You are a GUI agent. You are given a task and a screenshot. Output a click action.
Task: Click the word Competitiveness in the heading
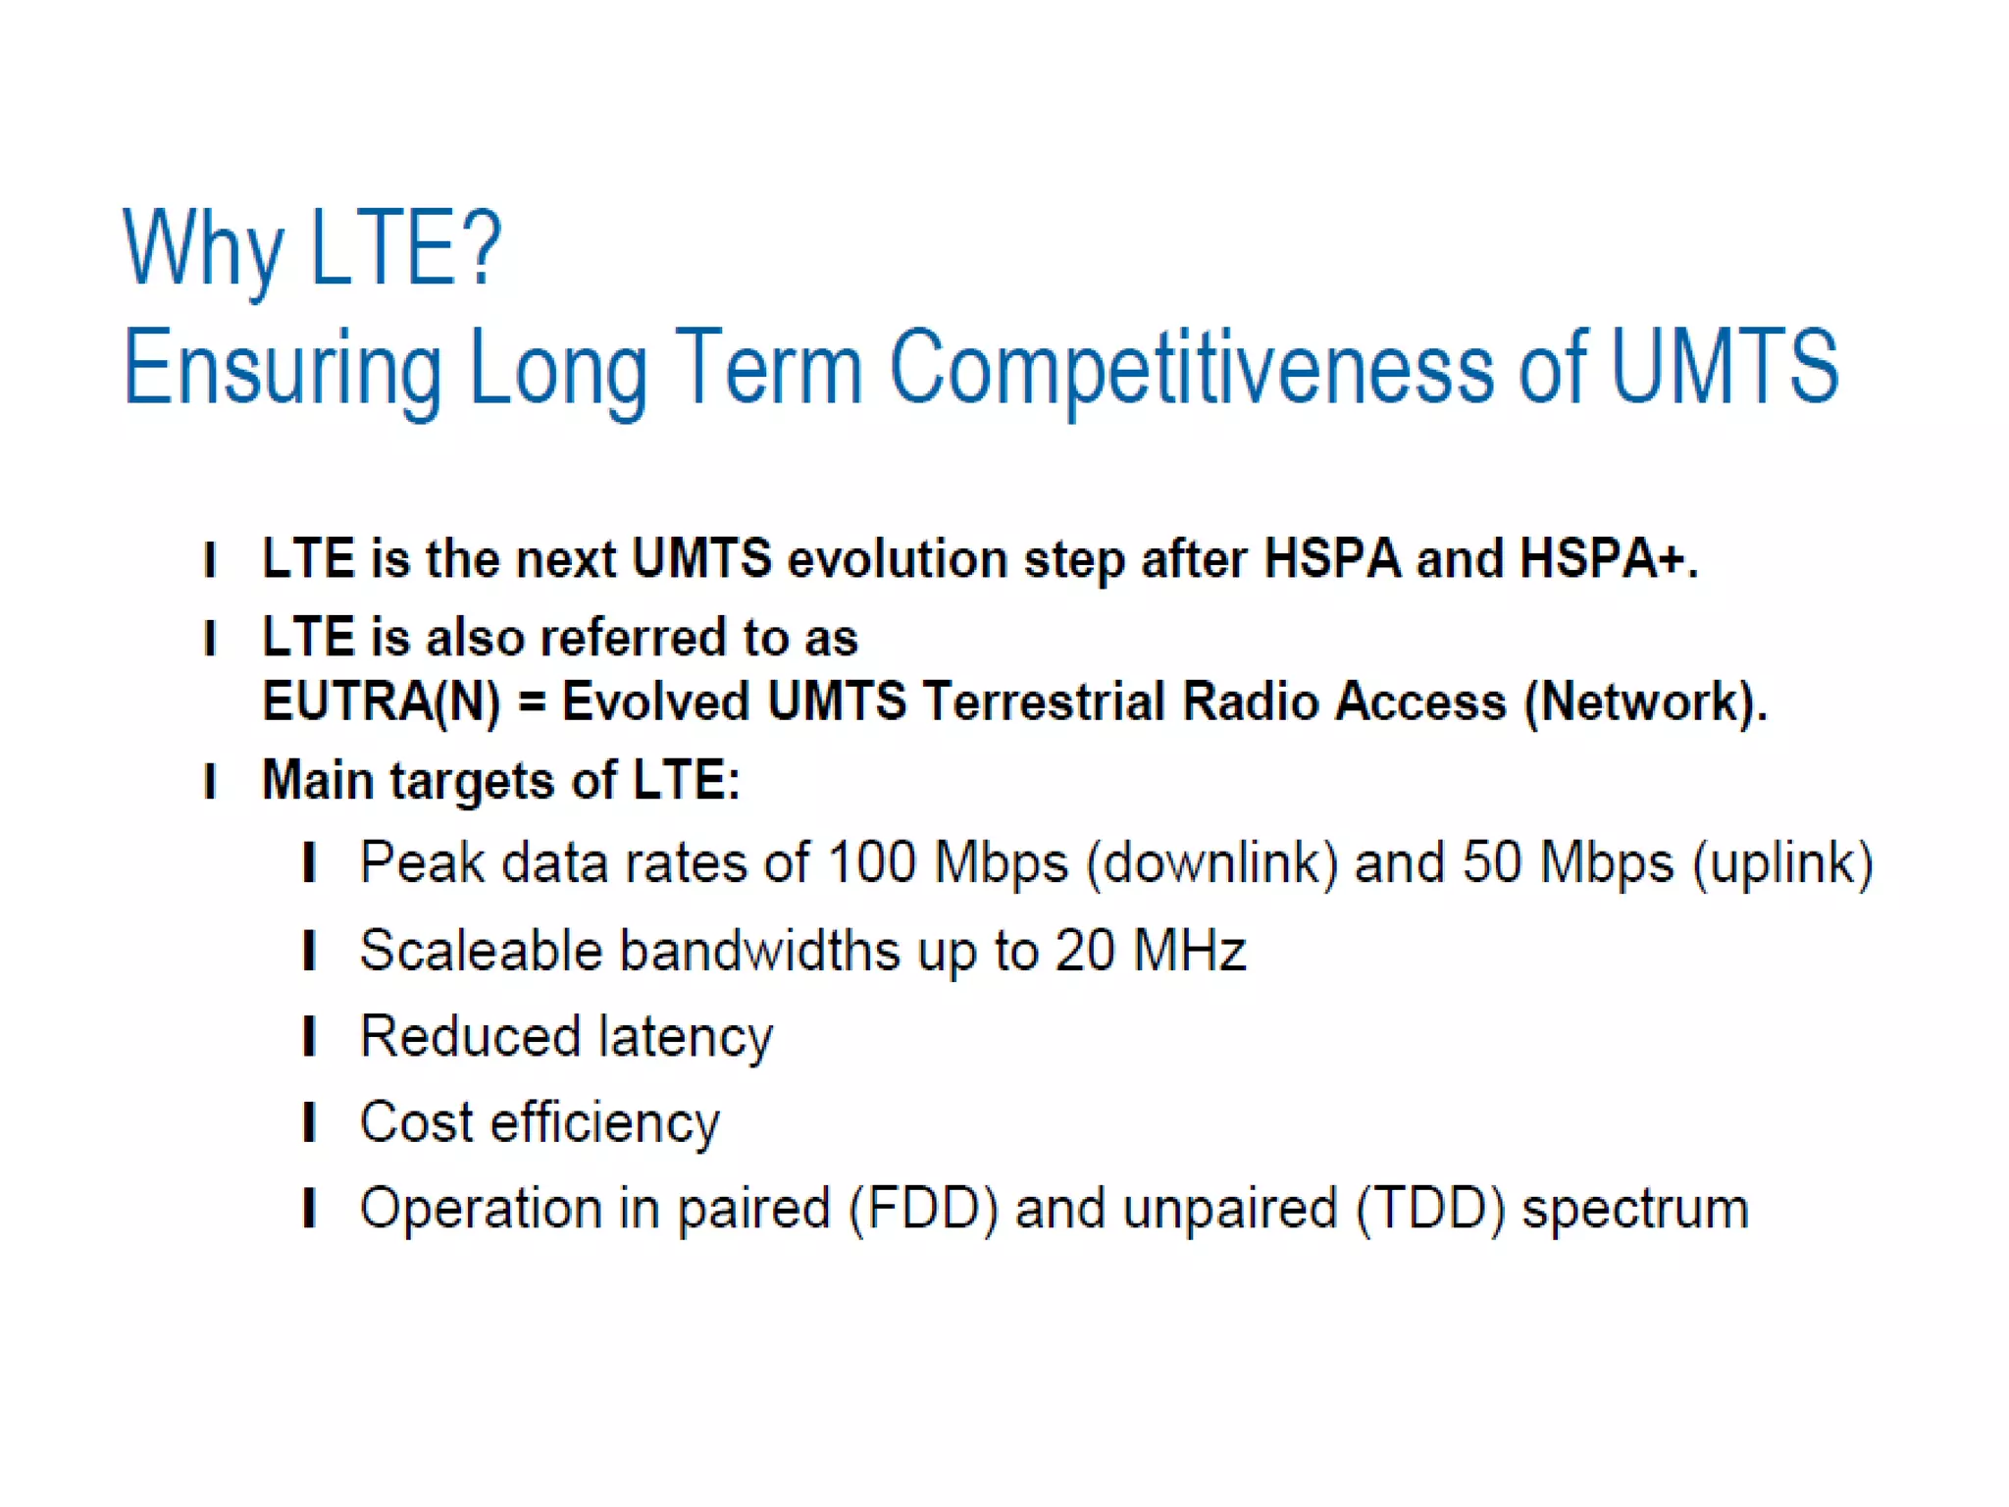pyautogui.click(x=1191, y=367)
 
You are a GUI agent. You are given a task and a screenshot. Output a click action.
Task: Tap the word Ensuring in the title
pyautogui.click(x=283, y=369)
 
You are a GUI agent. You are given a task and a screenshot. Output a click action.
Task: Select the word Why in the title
pyautogui.click(x=202, y=249)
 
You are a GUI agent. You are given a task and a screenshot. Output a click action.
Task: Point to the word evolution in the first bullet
pyautogui.click(x=897, y=559)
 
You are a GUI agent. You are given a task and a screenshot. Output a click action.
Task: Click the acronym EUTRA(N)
pyautogui.click(x=381, y=702)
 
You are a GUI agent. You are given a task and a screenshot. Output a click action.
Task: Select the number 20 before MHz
pyautogui.click(x=1084, y=951)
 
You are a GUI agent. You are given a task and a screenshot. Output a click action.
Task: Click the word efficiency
pyautogui.click(x=604, y=1123)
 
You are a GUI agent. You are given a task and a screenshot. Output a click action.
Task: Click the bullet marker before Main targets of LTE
pyautogui.click(x=209, y=782)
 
